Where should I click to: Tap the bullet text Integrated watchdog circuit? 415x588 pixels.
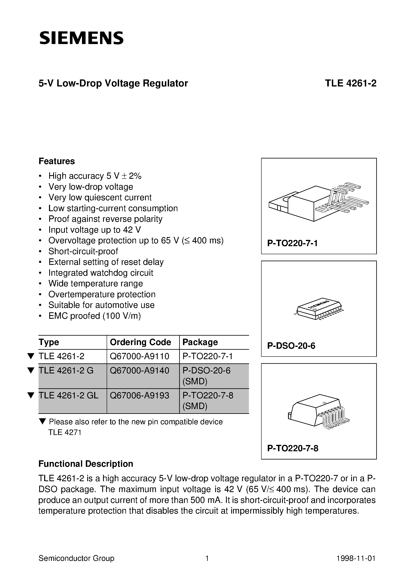[x=101, y=273]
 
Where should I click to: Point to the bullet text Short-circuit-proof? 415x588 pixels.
[x=83, y=251]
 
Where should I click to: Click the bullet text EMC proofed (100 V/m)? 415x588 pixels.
[x=95, y=316]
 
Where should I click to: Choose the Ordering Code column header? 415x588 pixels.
[x=140, y=342]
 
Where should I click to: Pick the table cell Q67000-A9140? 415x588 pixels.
[x=139, y=370]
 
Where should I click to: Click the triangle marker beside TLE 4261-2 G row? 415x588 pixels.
[x=31, y=370]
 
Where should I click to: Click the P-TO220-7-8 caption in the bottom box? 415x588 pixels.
[x=293, y=448]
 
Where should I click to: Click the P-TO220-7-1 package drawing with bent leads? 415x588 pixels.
[x=319, y=202]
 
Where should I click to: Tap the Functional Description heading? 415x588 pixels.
[x=86, y=464]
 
